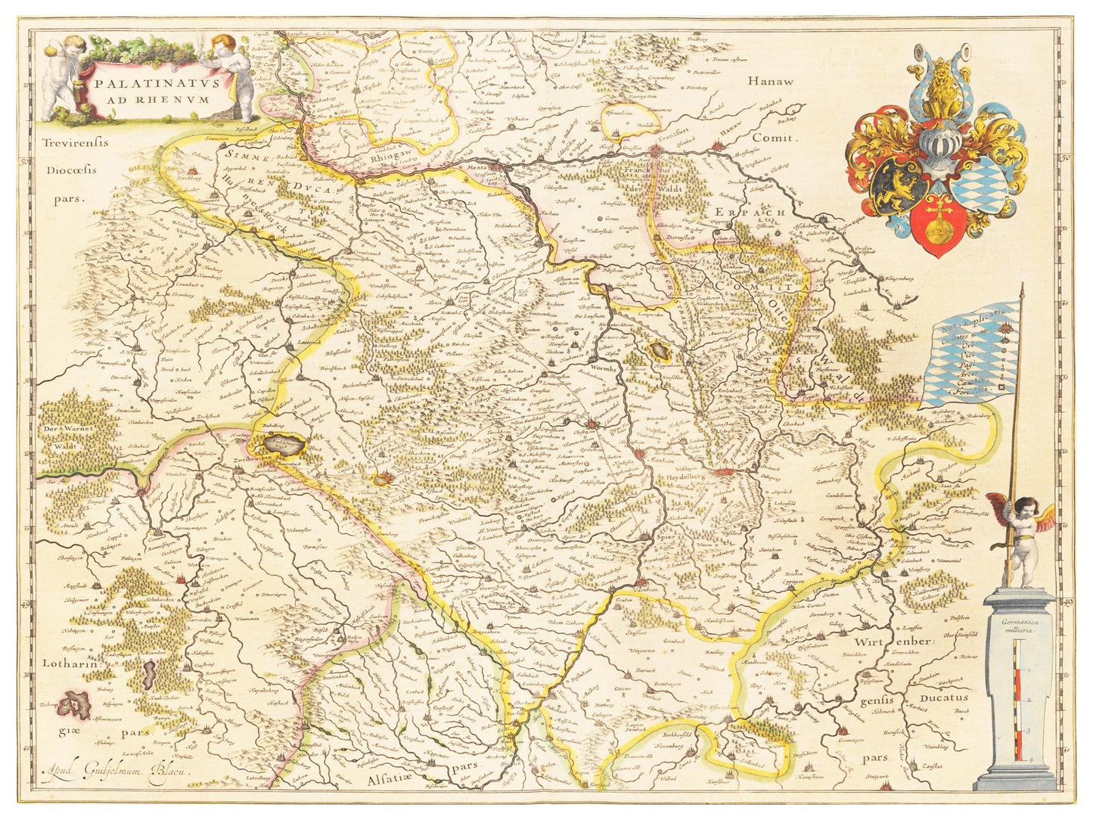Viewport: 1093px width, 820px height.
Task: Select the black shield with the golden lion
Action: pyautogui.click(x=899, y=186)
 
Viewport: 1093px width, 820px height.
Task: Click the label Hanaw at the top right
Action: pyautogui.click(x=771, y=82)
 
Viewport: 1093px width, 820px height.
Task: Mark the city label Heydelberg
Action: pyautogui.click(x=690, y=479)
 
